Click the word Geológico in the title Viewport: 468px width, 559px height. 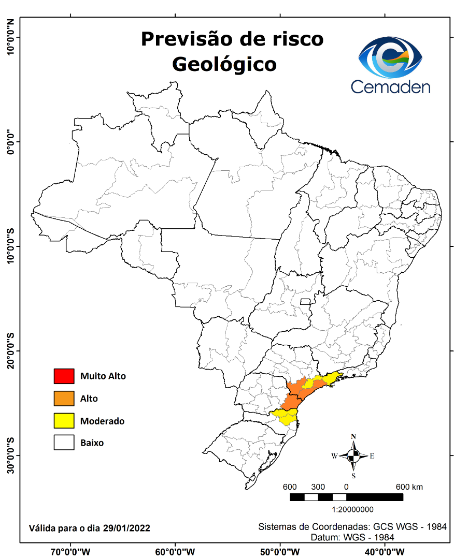pos(224,64)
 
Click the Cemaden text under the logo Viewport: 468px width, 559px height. pos(390,86)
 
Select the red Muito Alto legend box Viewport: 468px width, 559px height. pos(64,376)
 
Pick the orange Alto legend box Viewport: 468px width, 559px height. pos(64,399)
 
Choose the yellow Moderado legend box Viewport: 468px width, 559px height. pos(64,421)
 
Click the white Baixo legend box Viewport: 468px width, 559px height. pos(64,443)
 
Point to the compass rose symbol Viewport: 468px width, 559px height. pos(353,456)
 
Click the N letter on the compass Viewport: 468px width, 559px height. pos(353,436)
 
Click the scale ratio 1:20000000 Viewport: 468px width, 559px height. pos(346,509)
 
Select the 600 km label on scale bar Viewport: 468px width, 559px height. pos(409,487)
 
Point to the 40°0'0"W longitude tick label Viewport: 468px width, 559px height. pos(385,552)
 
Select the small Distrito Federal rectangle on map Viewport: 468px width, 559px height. pos(305,301)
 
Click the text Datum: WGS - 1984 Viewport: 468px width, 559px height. pos(352,537)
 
